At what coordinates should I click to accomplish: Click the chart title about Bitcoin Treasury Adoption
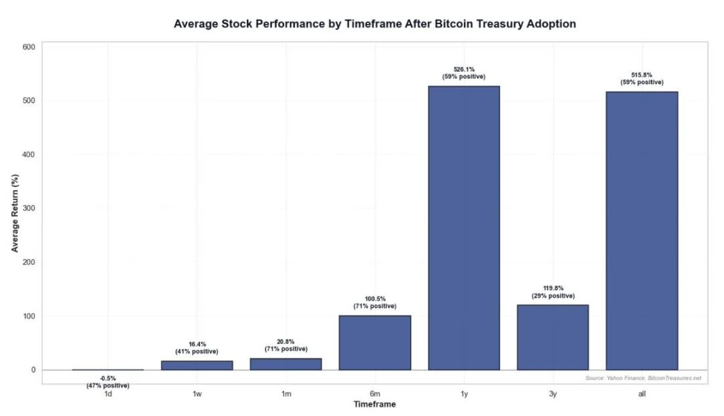pos(375,23)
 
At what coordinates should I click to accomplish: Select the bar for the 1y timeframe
pos(464,227)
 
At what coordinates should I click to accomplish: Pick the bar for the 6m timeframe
pos(375,342)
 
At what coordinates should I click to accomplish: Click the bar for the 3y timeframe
pos(552,337)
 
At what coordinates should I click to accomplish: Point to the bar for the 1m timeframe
pos(286,364)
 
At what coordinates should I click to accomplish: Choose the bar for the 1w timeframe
pos(196,365)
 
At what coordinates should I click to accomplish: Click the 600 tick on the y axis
pos(28,47)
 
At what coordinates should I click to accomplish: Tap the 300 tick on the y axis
pos(28,208)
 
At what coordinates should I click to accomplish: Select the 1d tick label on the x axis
pos(107,395)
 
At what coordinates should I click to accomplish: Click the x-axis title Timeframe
pos(375,404)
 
